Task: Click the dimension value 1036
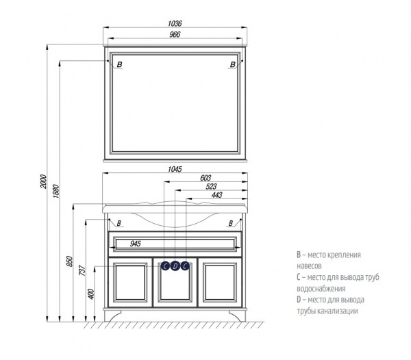point(175,23)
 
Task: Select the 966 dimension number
point(175,34)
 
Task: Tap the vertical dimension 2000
point(44,181)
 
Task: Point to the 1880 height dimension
point(56,191)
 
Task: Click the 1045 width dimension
point(175,169)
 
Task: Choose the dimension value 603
point(206,178)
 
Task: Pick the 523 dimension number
point(211,186)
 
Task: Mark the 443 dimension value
point(216,195)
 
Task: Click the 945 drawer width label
point(135,244)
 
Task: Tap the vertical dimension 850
point(70,261)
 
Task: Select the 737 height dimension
point(82,270)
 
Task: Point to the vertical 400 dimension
point(91,294)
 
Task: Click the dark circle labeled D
point(175,266)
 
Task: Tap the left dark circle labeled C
point(165,266)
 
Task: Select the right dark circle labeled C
point(185,266)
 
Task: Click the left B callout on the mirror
point(119,64)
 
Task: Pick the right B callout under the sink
point(231,223)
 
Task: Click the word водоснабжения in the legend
point(321,289)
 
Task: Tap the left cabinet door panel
point(130,282)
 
